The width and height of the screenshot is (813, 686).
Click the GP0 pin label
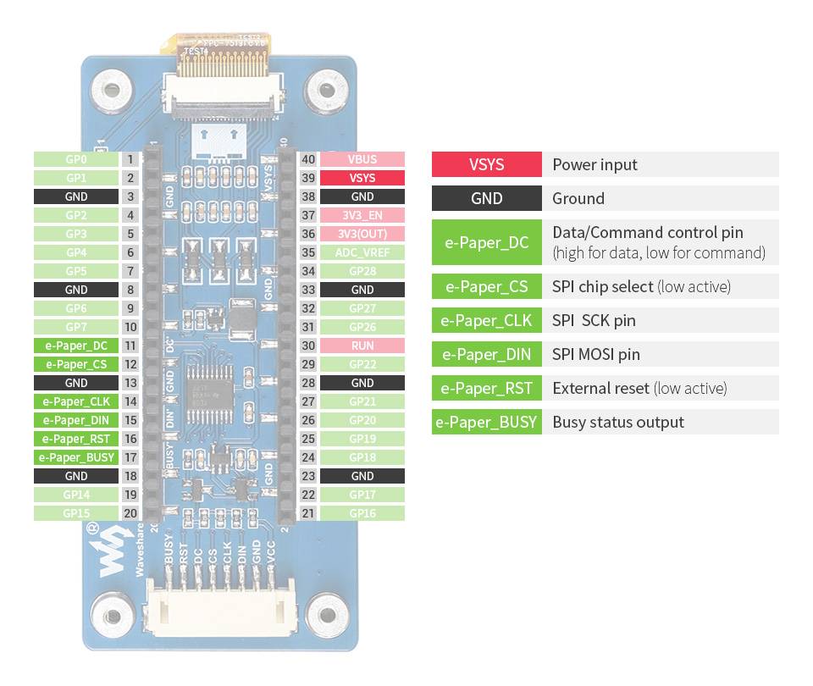pyautogui.click(x=75, y=159)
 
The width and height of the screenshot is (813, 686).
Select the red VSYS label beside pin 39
pyautogui.click(x=362, y=178)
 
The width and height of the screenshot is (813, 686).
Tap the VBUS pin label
pyautogui.click(x=362, y=159)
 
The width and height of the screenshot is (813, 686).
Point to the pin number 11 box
pyautogui.click(x=130, y=346)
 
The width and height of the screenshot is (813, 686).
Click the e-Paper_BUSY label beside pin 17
pyautogui.click(x=75, y=457)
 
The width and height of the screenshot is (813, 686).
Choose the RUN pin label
pyautogui.click(x=362, y=346)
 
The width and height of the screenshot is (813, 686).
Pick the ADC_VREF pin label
pyautogui.click(x=362, y=252)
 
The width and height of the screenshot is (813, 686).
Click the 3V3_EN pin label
pyautogui.click(x=362, y=215)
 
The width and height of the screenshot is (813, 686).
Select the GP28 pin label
pyautogui.click(x=362, y=271)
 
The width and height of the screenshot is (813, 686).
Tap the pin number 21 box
pyautogui.click(x=308, y=513)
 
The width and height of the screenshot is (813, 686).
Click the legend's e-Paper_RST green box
pyautogui.click(x=486, y=389)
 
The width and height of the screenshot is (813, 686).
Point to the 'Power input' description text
pyautogui.click(x=595, y=164)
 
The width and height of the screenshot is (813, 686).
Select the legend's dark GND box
pyautogui.click(x=486, y=198)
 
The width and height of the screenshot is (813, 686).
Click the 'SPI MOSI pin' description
pyautogui.click(x=596, y=355)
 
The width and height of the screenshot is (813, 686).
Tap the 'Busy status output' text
pyautogui.click(x=618, y=423)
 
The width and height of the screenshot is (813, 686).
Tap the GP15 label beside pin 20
pyautogui.click(x=75, y=513)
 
